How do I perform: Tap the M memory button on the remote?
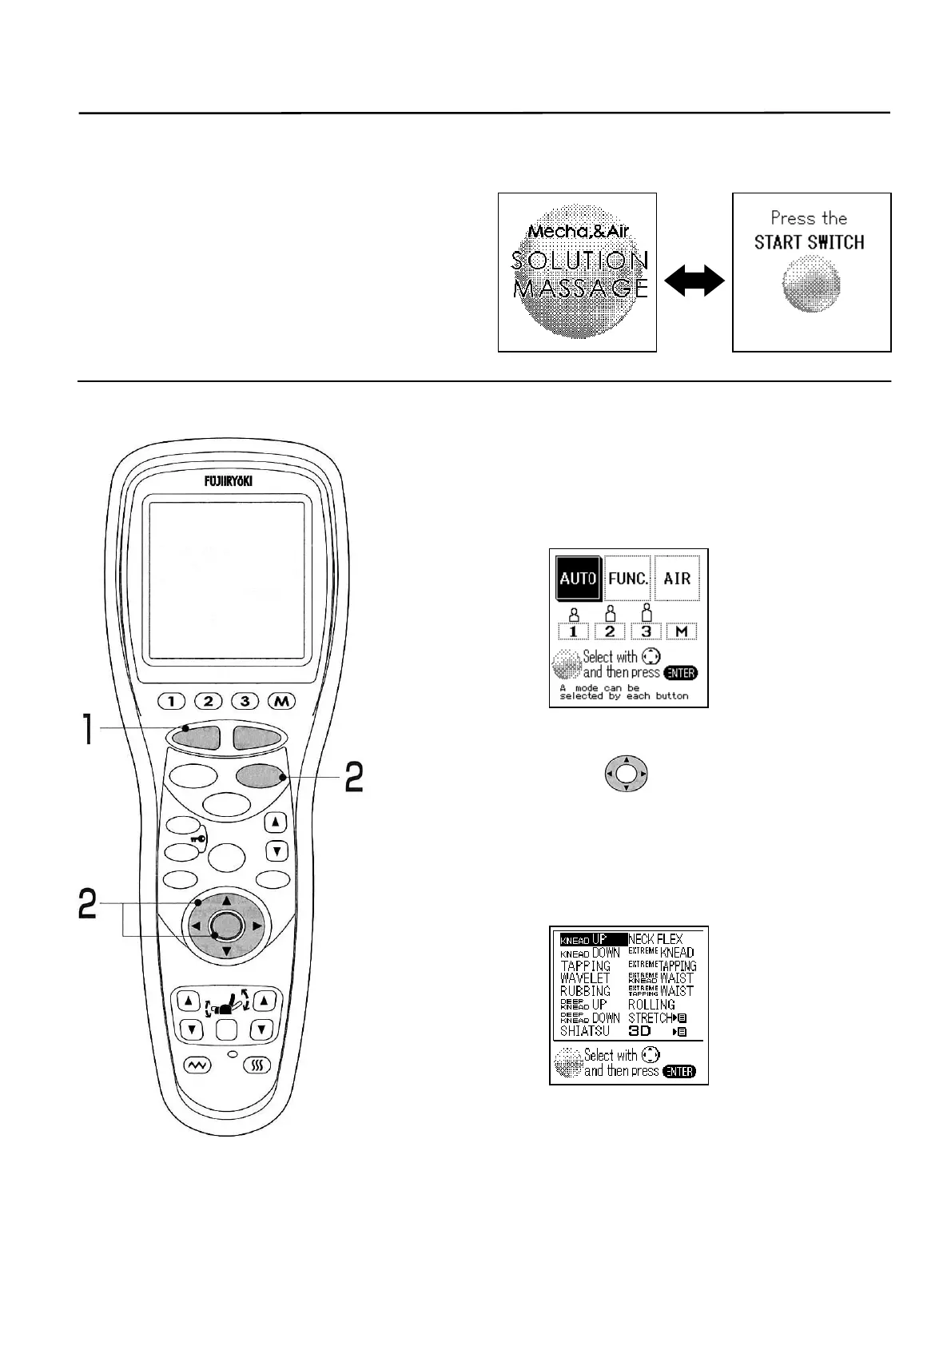pyautogui.click(x=281, y=701)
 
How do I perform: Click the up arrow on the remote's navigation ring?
pyautogui.click(x=226, y=900)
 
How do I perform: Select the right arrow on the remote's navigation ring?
pyautogui.click(x=257, y=926)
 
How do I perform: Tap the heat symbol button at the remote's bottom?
pyautogui.click(x=257, y=1065)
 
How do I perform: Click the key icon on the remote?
pyautogui.click(x=197, y=839)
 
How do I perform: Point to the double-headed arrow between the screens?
pyautogui.click(x=694, y=283)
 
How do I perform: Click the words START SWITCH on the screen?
pyautogui.click(x=809, y=242)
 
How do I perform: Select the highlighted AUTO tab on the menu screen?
pyautogui.click(x=578, y=578)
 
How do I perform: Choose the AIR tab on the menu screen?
pyautogui.click(x=677, y=578)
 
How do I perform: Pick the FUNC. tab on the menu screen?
pyautogui.click(x=628, y=578)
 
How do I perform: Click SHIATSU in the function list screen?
pyautogui.click(x=585, y=1031)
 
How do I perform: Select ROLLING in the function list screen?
pyautogui.click(x=651, y=1005)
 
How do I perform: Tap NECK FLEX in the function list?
pyautogui.click(x=655, y=939)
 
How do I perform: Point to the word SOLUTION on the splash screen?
pyautogui.click(x=579, y=261)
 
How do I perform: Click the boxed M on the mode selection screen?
pyautogui.click(x=681, y=631)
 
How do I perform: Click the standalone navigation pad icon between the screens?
pyautogui.click(x=627, y=775)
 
